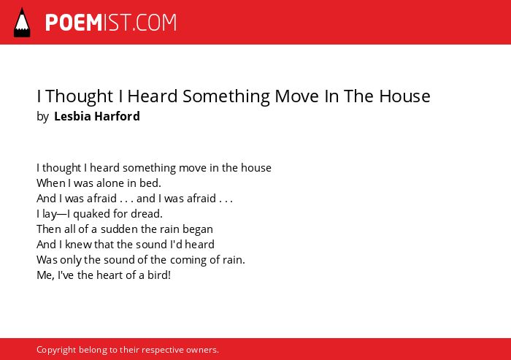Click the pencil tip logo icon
(x=22, y=23)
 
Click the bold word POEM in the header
(x=74, y=23)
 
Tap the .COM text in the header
(x=154, y=23)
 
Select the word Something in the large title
(x=226, y=96)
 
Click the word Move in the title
(x=296, y=96)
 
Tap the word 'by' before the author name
(x=42, y=117)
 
